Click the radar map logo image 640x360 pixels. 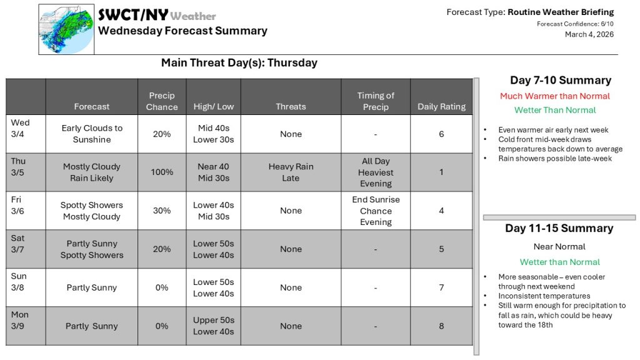(66, 29)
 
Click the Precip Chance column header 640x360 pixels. (162, 101)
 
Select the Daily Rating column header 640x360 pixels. (441, 106)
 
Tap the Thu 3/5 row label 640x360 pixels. (19, 166)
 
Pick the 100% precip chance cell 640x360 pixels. (162, 172)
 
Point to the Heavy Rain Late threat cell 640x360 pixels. (291, 172)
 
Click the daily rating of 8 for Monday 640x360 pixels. (441, 326)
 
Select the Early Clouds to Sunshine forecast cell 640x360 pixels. (92, 134)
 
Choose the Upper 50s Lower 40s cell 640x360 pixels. (214, 326)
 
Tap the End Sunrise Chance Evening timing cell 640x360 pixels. (376, 211)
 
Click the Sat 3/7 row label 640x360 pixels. (19, 244)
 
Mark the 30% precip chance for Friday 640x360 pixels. (162, 211)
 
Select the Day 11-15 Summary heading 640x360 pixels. (559, 228)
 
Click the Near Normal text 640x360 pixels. (559, 247)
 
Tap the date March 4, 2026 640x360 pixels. (589, 34)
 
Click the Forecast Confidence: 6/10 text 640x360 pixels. (575, 24)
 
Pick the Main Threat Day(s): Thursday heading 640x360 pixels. (239, 62)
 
